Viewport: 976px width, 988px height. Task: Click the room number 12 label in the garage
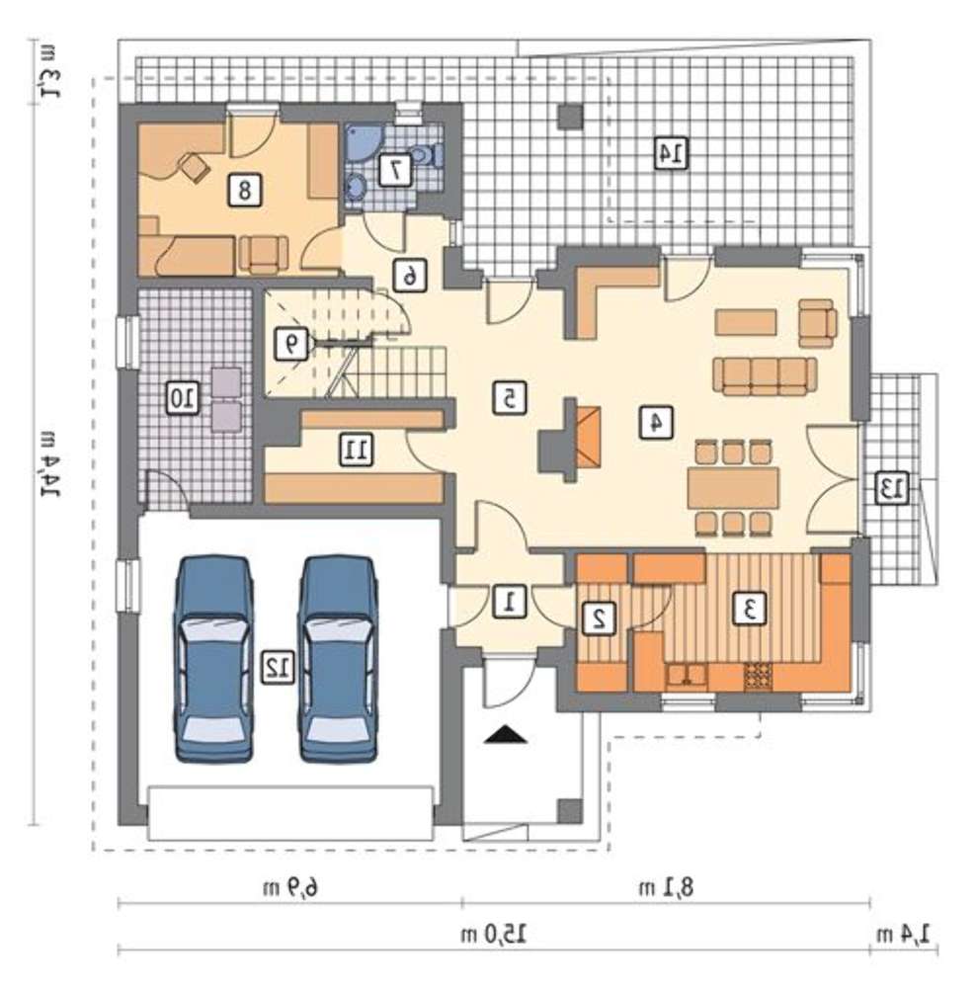(x=279, y=667)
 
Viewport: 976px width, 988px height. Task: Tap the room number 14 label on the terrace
(x=671, y=153)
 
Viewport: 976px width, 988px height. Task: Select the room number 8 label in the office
(x=244, y=189)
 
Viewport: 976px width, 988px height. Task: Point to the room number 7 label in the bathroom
(x=395, y=170)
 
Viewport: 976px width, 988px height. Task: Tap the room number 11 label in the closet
(x=356, y=450)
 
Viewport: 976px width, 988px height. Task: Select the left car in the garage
(x=214, y=659)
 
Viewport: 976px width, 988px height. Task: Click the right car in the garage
(x=338, y=659)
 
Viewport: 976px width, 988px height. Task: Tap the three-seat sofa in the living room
(x=765, y=375)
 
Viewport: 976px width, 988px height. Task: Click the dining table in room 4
(x=733, y=488)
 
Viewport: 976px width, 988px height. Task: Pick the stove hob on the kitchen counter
(x=758, y=677)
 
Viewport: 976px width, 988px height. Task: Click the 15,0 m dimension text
(x=494, y=934)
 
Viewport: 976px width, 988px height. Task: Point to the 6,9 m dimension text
(x=289, y=887)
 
